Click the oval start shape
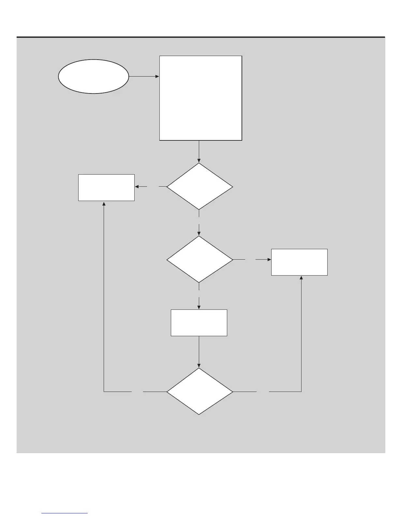pos(93,77)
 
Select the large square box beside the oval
pos(200,98)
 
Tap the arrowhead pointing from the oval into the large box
pos(157,77)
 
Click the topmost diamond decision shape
pos(199,186)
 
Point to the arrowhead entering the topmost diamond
pos(199,161)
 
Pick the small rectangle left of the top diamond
pos(106,187)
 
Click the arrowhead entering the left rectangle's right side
pos(137,187)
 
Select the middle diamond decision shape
pos(199,259)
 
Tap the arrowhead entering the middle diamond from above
pos(199,234)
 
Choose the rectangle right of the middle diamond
pos(299,262)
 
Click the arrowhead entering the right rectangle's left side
pos(269,260)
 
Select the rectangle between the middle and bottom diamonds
pos(199,322)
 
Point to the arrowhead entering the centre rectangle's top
pos(199,307)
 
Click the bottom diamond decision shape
pos(199,391)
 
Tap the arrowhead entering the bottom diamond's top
pos(199,365)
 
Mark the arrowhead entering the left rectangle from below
pos(104,203)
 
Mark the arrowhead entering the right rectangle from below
pos(301,278)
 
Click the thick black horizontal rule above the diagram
pos(201,37)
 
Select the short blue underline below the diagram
pos(65,513)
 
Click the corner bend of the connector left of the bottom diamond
pos(104,391)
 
